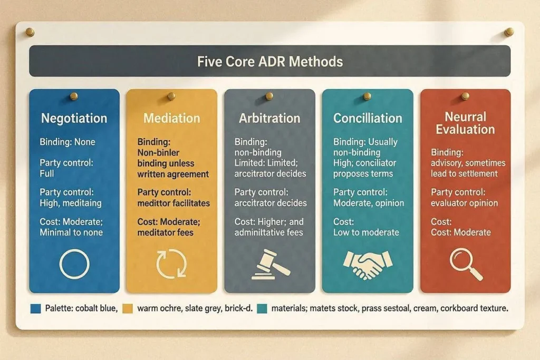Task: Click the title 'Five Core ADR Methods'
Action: pyautogui.click(x=269, y=62)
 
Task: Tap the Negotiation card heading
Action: pyautogui.click(x=74, y=119)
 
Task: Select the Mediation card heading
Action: pyautogui.click(x=171, y=118)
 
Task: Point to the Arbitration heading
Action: pyautogui.click(x=269, y=118)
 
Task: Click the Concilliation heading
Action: pyautogui.click(x=368, y=118)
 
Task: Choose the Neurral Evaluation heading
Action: pyautogui.click(x=465, y=123)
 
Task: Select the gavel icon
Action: pyautogui.click(x=271, y=264)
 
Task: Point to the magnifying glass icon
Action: pyautogui.click(x=466, y=264)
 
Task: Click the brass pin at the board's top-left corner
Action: pyautogui.click(x=30, y=32)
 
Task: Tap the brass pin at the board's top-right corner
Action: pyautogui.click(x=509, y=32)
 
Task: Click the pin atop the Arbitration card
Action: pyautogui.click(x=269, y=96)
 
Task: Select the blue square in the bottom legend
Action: pyautogui.click(x=35, y=308)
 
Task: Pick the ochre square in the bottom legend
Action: pyautogui.click(x=128, y=308)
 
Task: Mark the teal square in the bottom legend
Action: pyautogui.click(x=262, y=308)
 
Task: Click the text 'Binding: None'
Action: pyautogui.click(x=67, y=142)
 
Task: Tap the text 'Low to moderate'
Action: pyautogui.click(x=366, y=232)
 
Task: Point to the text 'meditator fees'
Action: pyautogui.click(x=165, y=232)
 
